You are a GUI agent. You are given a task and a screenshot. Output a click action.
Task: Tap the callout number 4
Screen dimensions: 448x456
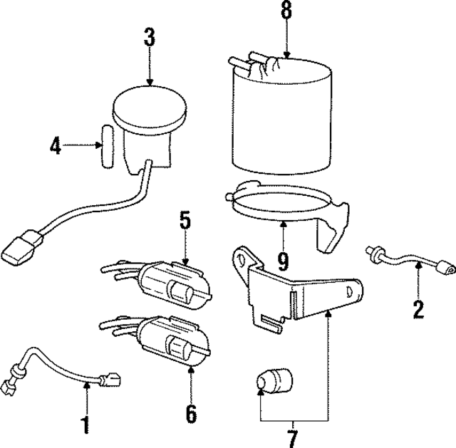[56, 147]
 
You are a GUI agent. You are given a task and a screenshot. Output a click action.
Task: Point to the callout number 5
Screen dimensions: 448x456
[185, 221]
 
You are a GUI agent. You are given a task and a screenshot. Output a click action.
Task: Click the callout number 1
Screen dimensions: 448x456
[85, 425]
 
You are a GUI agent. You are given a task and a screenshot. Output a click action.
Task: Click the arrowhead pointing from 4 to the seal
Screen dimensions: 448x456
[98, 147]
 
